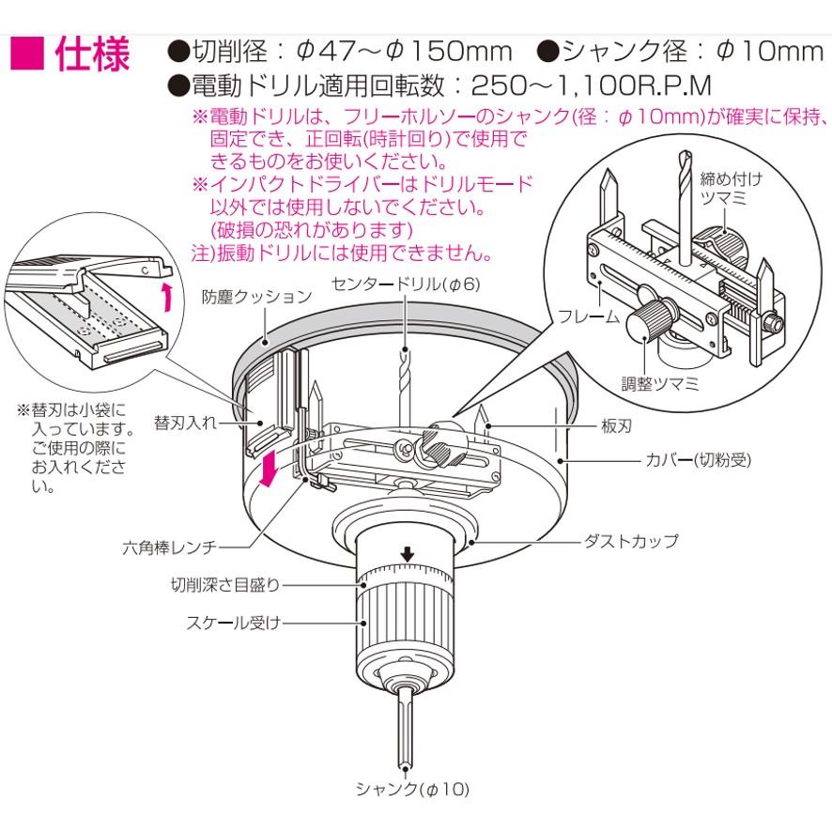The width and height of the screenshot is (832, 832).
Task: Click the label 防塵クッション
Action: click(256, 297)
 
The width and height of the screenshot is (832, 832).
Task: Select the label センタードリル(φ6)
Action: click(407, 284)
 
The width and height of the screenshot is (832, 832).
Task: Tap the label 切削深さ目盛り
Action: click(225, 584)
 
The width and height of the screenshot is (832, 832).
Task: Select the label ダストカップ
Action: click(630, 542)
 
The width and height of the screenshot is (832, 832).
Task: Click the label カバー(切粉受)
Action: click(698, 460)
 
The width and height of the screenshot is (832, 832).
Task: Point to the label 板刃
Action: click(615, 425)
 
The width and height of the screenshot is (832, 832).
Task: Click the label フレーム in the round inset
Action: click(588, 316)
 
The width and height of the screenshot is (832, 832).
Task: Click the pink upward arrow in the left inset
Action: click(166, 298)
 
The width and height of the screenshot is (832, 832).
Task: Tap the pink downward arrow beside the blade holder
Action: click(270, 470)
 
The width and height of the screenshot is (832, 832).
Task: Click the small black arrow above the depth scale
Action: click(408, 557)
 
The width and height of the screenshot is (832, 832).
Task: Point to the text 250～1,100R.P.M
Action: click(591, 85)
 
